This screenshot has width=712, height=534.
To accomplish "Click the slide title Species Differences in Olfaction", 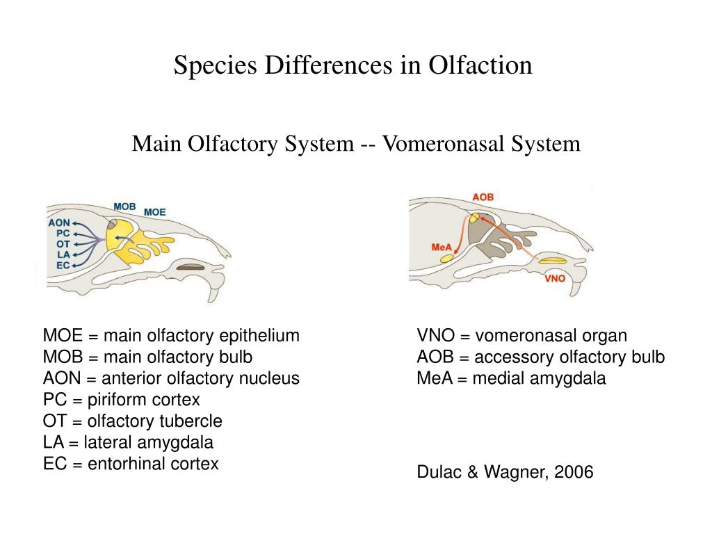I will coord(353,65).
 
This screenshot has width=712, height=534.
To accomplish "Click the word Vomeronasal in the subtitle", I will coord(444,144).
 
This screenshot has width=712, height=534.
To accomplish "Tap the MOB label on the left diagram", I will coord(124,207).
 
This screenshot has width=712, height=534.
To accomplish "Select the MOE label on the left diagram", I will coord(154,212).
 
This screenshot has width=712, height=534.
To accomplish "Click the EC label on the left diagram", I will coord(63,265).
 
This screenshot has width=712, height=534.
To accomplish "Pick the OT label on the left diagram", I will coord(63,244).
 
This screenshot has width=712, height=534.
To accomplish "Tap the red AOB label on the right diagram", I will coord(483,197).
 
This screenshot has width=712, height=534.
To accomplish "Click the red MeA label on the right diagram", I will coord(442,248).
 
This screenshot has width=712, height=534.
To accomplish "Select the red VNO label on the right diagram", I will coord(555,279).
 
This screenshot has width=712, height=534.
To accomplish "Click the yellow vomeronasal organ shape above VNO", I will coord(553,261).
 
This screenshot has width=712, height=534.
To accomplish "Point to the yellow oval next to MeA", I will coord(446,259).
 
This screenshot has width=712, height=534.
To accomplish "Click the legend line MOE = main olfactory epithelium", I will coord(171,336).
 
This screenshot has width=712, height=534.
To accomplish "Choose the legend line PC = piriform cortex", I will coord(122,400).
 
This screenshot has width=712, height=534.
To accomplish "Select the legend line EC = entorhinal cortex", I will coord(131,464).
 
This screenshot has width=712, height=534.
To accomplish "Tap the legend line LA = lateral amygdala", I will coord(128,442).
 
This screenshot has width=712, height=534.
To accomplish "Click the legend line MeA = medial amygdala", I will coord(511,378).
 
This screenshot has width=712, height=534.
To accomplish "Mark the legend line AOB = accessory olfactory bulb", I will coord(540,357).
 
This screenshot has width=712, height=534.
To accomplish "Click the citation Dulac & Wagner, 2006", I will coord(505,473).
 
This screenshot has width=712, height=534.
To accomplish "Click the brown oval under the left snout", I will coord(190,266).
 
